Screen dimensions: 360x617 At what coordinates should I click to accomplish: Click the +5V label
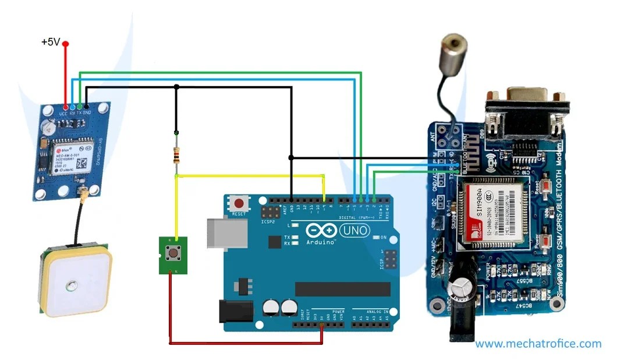tap(50, 43)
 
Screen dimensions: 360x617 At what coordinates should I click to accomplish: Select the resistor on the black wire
tap(176, 155)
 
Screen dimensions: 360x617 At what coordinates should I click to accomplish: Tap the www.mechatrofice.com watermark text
tap(538, 344)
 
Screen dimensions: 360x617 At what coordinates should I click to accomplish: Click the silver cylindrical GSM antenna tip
tap(453, 46)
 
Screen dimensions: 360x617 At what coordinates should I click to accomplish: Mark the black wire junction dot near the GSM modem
tap(291, 157)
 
